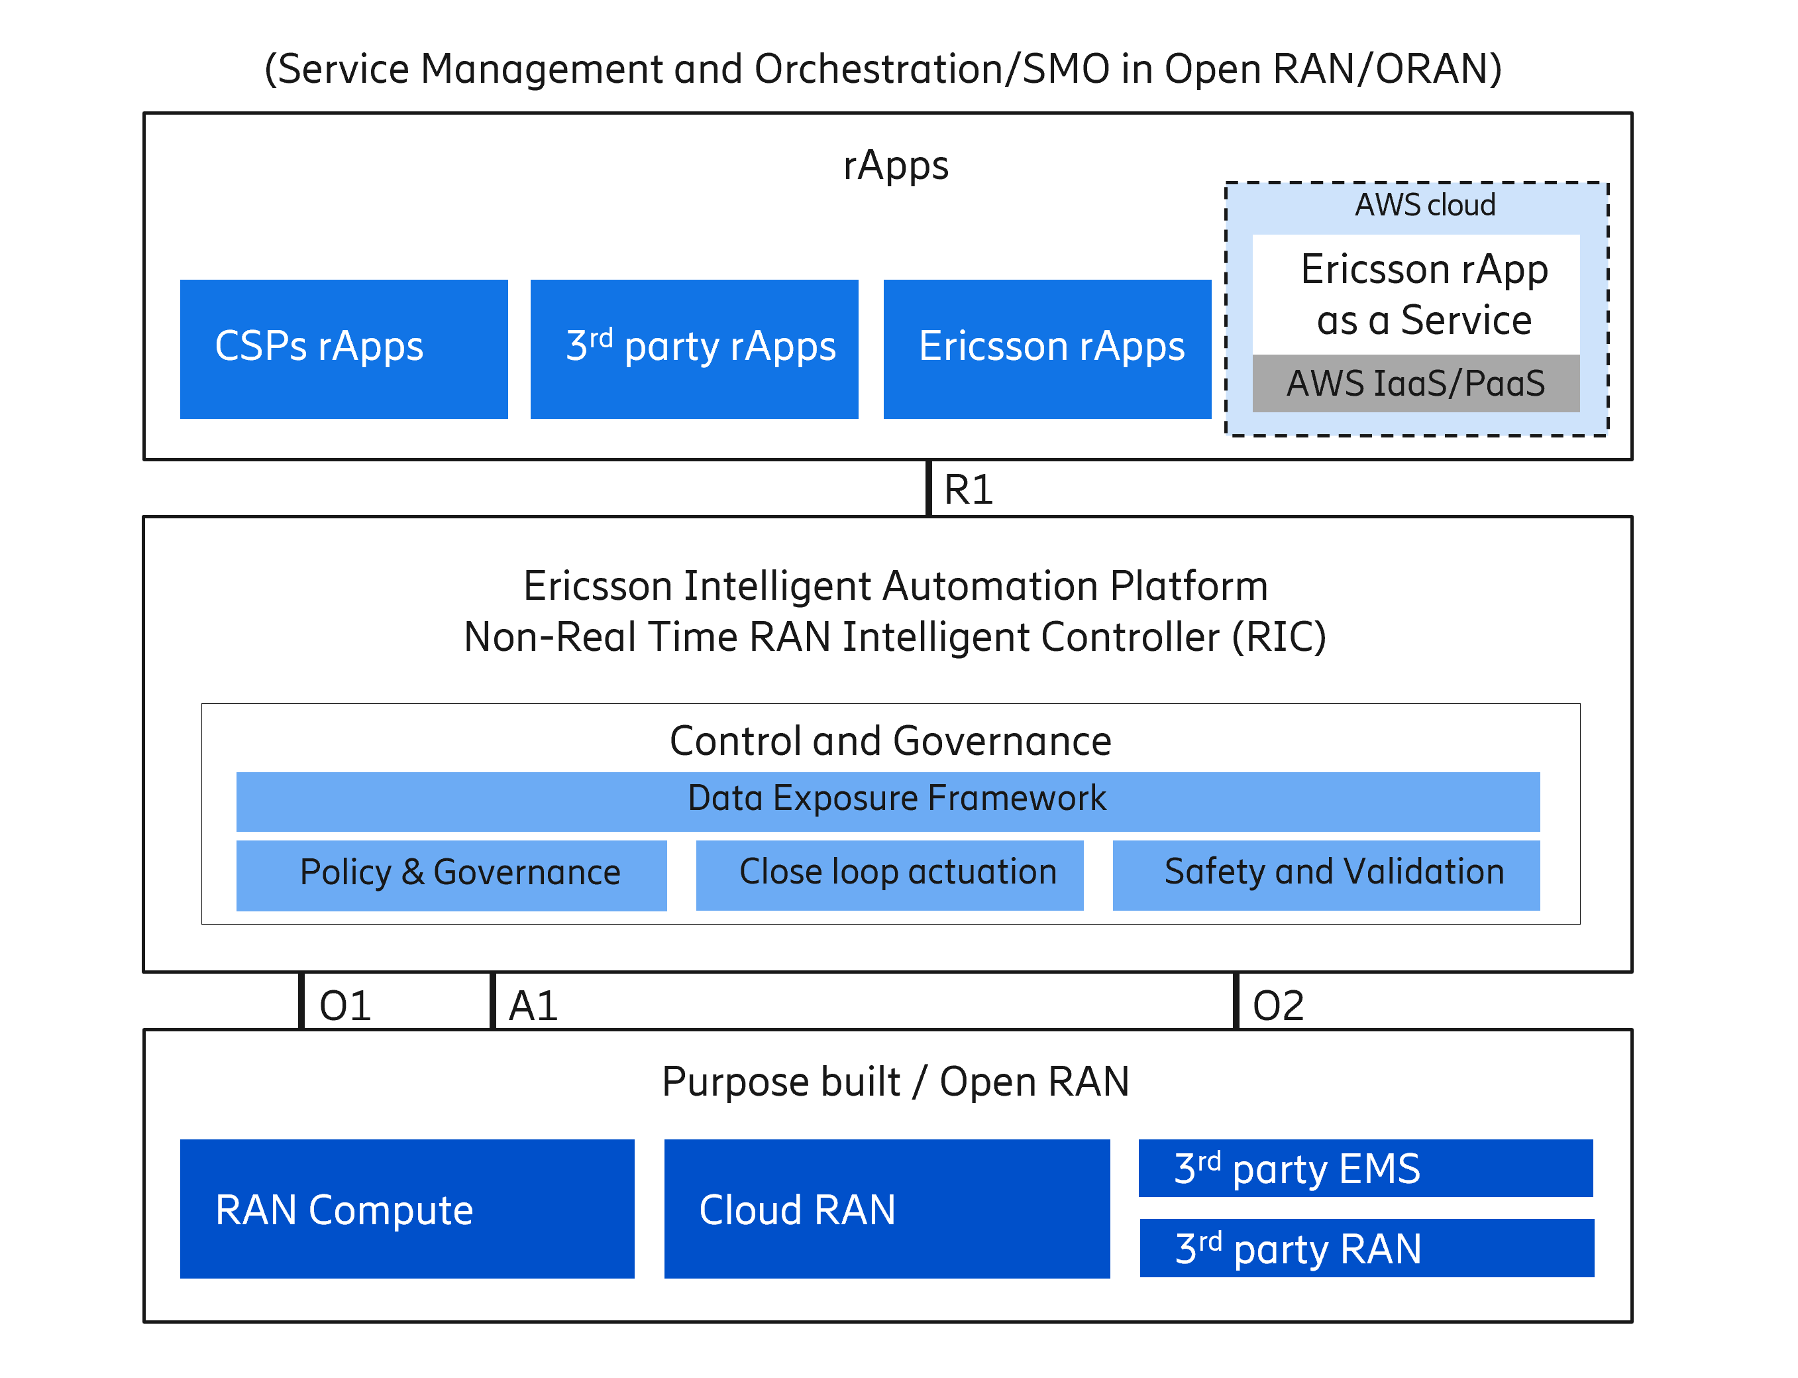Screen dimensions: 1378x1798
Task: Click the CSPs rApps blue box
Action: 344,349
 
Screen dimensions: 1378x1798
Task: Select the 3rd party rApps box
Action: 694,349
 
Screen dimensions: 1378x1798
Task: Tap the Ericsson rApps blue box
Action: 1046,349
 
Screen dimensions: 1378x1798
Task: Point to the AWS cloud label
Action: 1424,205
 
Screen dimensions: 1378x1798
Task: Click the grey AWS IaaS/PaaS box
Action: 1415,383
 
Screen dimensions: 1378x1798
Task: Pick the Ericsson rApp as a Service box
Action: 1415,294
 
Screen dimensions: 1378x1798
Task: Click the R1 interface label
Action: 969,490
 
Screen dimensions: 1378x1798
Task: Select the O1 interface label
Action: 345,1005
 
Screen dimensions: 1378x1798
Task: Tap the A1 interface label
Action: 533,1005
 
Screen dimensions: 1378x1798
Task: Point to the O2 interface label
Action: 1277,1005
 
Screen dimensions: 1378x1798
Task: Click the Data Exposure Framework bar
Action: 887,801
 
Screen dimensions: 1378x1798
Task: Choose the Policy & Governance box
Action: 451,874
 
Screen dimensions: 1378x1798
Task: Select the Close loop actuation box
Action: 889,874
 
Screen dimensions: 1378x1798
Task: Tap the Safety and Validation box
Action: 1325,874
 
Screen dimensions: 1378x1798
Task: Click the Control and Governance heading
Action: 890,740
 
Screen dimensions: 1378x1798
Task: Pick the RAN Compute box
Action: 407,1208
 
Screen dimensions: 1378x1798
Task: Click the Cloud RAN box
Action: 886,1208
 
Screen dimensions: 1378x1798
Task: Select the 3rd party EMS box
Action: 1365,1168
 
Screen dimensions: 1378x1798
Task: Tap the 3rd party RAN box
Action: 1366,1247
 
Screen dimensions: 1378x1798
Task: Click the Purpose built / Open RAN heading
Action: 895,1081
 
